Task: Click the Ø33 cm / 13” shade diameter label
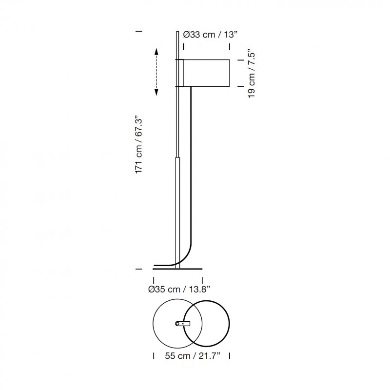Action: [x=210, y=34]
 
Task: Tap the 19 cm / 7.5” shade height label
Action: [x=251, y=75]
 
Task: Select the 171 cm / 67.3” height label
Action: [x=138, y=144]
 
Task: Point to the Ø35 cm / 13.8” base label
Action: [x=179, y=289]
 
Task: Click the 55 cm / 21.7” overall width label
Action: [x=193, y=356]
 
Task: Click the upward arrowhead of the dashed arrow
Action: [x=156, y=52]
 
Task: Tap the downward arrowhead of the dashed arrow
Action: [x=156, y=92]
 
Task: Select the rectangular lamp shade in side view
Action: [x=206, y=73]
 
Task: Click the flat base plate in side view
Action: [x=177, y=269]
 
